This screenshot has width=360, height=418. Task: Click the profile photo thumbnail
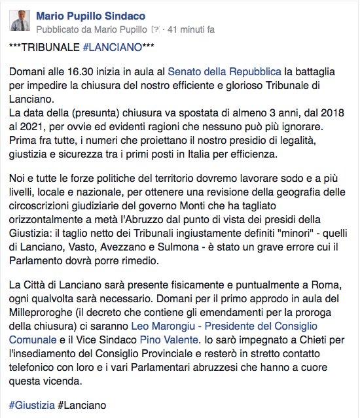tap(21, 20)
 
